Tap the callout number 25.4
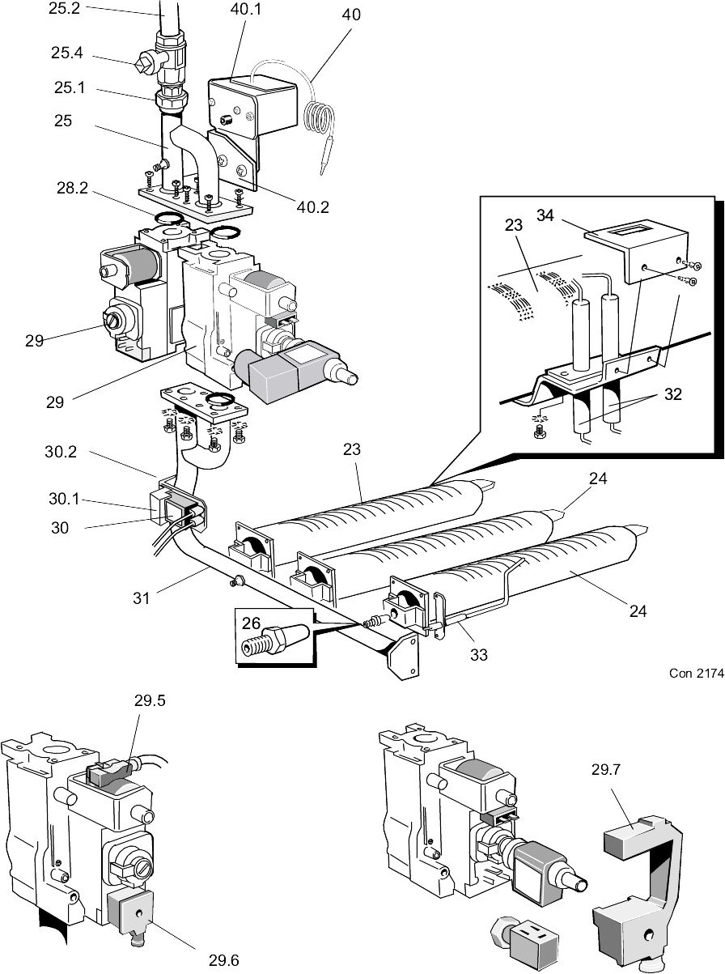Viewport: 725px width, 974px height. tap(67, 53)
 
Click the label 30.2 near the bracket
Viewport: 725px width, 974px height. tap(60, 453)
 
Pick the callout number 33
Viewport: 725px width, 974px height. tap(479, 655)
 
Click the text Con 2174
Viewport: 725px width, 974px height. tap(695, 673)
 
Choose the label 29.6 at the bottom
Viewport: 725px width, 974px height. tap(225, 960)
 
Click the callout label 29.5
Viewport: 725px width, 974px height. tap(150, 702)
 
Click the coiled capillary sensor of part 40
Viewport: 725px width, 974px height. tap(317, 117)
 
